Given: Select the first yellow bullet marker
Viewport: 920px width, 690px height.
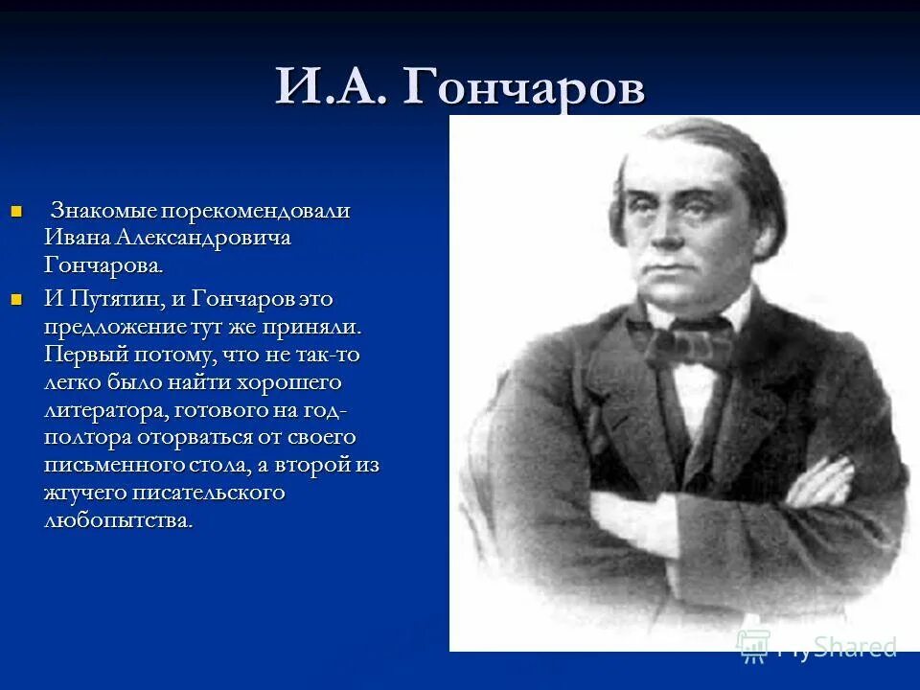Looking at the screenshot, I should point(15,211).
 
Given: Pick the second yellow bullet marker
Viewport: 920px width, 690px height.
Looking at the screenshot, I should point(15,299).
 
